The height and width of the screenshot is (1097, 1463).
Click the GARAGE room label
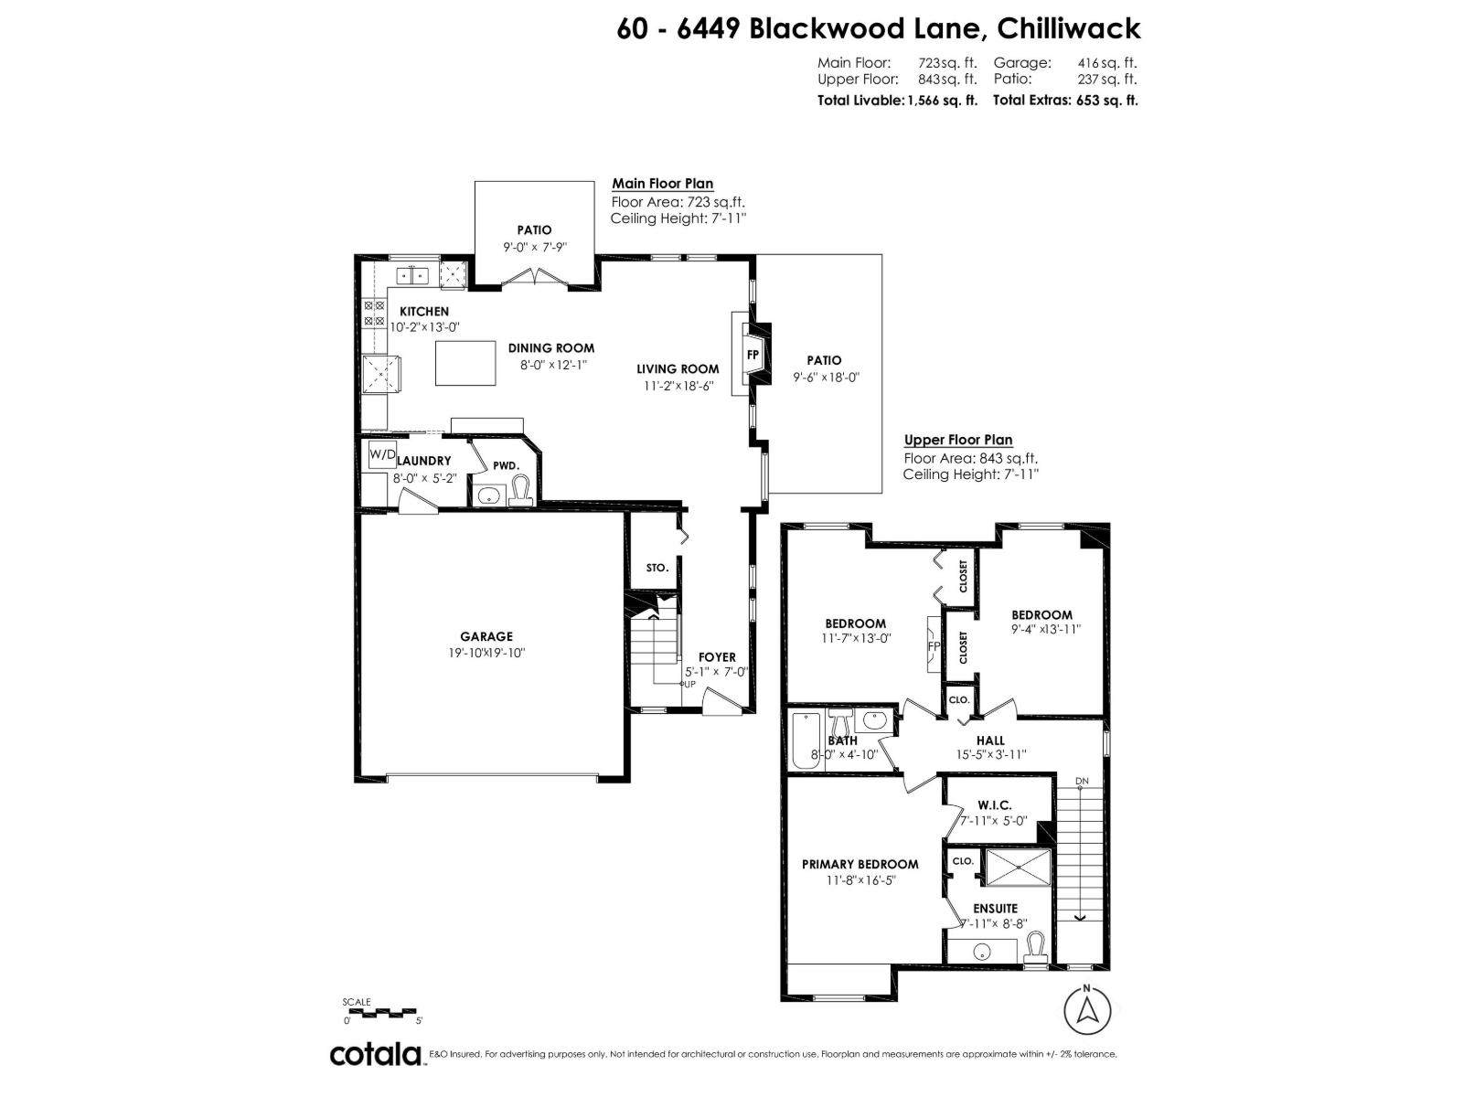[x=486, y=637]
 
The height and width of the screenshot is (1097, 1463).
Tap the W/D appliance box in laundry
[x=382, y=454]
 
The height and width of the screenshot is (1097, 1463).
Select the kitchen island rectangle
[x=465, y=363]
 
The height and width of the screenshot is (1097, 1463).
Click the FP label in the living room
[x=753, y=354]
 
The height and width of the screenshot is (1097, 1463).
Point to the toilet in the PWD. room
[x=521, y=491]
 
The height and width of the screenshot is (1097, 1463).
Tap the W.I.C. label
[x=993, y=804]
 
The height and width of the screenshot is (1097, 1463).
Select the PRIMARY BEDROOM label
[x=860, y=864]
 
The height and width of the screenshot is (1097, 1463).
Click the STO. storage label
[x=657, y=568]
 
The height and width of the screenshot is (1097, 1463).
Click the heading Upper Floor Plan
[x=958, y=440]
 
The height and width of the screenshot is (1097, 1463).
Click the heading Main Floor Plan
[x=662, y=184]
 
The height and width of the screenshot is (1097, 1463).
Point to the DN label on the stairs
[x=1082, y=781]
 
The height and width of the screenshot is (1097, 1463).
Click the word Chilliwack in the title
[x=1068, y=28]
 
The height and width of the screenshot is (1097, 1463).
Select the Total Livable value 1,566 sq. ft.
[x=942, y=101]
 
